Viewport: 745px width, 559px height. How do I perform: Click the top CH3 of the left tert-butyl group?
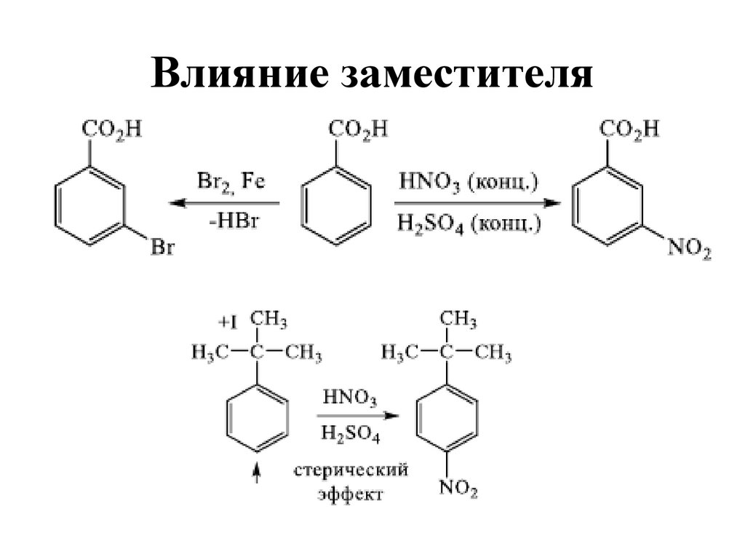coord(268,320)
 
